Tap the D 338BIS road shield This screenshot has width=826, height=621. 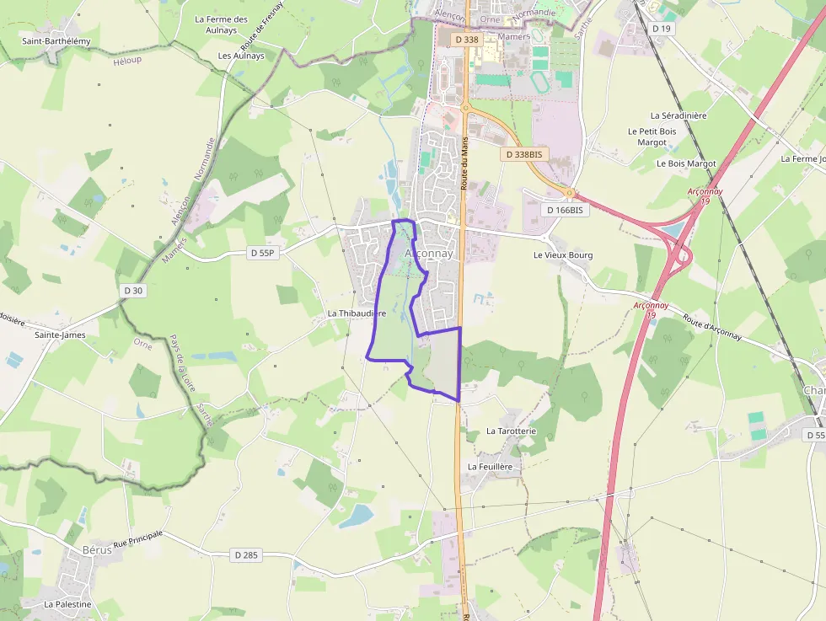(x=523, y=155)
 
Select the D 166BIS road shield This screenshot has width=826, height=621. (x=565, y=210)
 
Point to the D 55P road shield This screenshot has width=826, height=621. (x=262, y=253)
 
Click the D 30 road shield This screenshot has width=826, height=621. (x=133, y=291)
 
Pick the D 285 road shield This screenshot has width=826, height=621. (x=246, y=554)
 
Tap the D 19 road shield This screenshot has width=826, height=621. (x=662, y=29)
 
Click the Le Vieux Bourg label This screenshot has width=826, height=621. (x=563, y=255)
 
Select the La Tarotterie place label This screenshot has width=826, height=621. (x=511, y=431)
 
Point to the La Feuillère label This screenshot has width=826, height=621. (x=496, y=466)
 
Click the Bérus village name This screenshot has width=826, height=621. (x=97, y=549)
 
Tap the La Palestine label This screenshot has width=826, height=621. (x=67, y=604)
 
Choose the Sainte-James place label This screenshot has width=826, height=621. (x=60, y=335)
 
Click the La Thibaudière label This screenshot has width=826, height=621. (x=357, y=313)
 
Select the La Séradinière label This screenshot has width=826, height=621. (x=678, y=115)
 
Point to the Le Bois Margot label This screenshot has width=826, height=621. (x=686, y=163)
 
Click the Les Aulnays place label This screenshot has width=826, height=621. (x=241, y=56)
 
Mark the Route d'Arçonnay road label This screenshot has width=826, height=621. (x=712, y=328)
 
